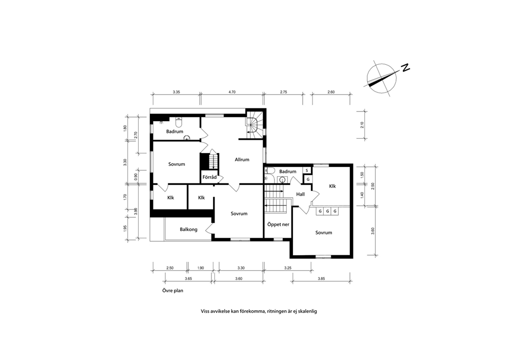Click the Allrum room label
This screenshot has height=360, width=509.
[x=242, y=160]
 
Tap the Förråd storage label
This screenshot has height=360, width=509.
[x=209, y=177]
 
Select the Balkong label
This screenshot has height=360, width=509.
[x=188, y=230]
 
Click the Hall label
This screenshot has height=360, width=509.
[x=300, y=194]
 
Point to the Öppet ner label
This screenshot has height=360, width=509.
[x=278, y=224]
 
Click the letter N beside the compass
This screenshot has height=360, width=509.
[x=405, y=68]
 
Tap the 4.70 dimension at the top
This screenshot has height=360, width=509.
[x=232, y=92]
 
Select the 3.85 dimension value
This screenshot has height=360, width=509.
[x=321, y=278]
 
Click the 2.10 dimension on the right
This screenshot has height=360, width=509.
[x=362, y=125]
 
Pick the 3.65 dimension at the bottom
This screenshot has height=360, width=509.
[x=188, y=278]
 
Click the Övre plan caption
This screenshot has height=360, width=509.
[x=173, y=291]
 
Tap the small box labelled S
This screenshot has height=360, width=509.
[x=307, y=170]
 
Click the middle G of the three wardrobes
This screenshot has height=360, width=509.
[x=327, y=211]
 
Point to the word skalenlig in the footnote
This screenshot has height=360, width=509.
[x=307, y=311]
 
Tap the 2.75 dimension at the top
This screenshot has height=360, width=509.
[x=283, y=92]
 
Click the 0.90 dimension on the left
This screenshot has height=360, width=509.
[x=135, y=177]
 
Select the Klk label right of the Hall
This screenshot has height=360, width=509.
[x=332, y=186]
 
